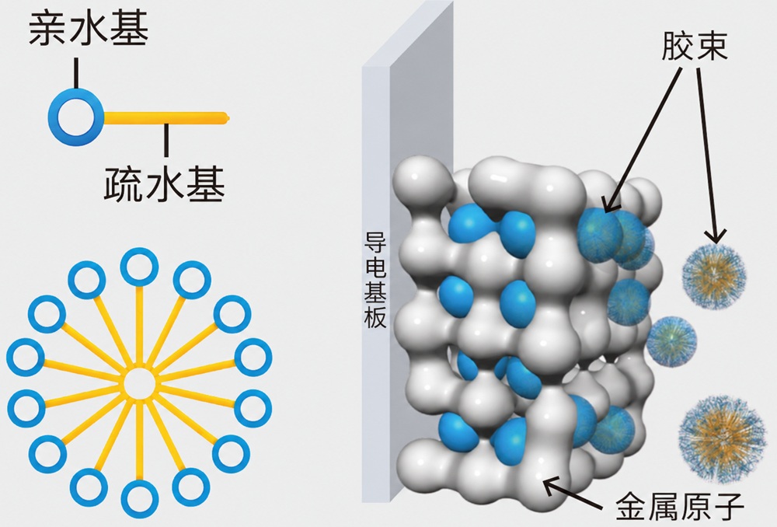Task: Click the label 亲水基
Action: [89, 30]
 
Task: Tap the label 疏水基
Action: [165, 184]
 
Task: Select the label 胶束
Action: [694, 46]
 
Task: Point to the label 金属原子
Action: [680, 505]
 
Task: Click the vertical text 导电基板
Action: [375, 279]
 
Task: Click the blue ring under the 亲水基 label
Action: [76, 117]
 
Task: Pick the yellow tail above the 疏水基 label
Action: [166, 118]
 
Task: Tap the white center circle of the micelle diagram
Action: [139, 383]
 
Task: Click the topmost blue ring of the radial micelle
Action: [139, 267]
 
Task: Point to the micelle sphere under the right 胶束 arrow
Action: [714, 276]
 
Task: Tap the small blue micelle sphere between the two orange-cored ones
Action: [671, 341]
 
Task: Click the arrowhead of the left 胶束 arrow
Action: [611, 204]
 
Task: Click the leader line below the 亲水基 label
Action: [76, 73]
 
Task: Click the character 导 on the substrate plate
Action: [375, 243]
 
